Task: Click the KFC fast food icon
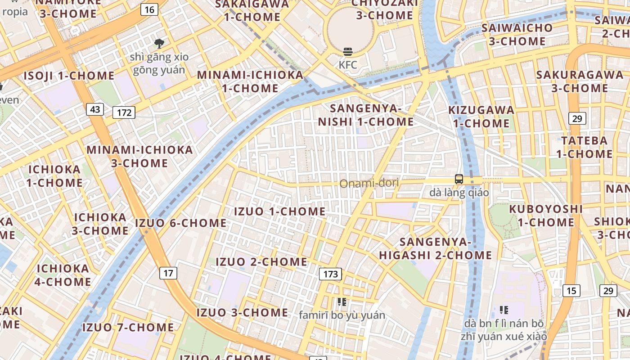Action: pyautogui.click(x=347, y=52)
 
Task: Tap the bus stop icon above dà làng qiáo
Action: pyautogui.click(x=459, y=179)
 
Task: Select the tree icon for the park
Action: pyautogui.click(x=159, y=44)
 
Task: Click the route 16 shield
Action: pyautogui.click(x=149, y=9)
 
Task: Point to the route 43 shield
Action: pyautogui.click(x=95, y=109)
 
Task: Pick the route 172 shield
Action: pyautogui.click(x=124, y=112)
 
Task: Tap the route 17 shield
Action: pyautogui.click(x=168, y=273)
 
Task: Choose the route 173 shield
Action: pyautogui.click(x=330, y=274)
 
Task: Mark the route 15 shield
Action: pyautogui.click(x=571, y=291)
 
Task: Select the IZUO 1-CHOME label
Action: pyautogui.click(x=280, y=211)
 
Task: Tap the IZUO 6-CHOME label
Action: pyautogui.click(x=181, y=223)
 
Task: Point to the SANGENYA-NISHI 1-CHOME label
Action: pyautogui.click(x=366, y=115)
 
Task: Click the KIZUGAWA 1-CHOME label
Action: pyautogui.click(x=481, y=117)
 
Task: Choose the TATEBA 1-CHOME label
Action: pyautogui.click(x=584, y=147)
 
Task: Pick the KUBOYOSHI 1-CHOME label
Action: pyautogui.click(x=546, y=216)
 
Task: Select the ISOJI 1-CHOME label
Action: pyautogui.click(x=69, y=76)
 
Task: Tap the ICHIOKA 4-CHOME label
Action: pyautogui.click(x=63, y=275)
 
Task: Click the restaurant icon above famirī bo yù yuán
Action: pyautogui.click(x=342, y=302)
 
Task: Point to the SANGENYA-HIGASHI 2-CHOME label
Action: pyautogui.click(x=435, y=248)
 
